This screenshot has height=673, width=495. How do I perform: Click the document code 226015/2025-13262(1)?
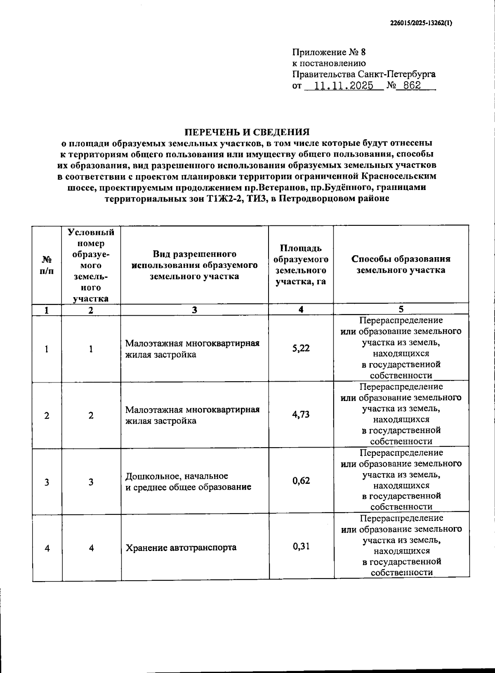click(421, 23)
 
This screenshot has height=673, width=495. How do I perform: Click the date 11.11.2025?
click(344, 86)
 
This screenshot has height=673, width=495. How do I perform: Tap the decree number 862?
click(412, 86)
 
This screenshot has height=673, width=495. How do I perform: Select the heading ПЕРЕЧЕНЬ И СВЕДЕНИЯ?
click(247, 132)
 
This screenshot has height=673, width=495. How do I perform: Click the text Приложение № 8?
click(329, 52)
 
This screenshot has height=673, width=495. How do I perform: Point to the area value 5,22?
click(301, 348)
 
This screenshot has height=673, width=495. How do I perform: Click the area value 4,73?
click(301, 414)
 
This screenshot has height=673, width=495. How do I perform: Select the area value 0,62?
click(301, 481)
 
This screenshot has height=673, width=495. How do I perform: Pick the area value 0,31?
click(301, 546)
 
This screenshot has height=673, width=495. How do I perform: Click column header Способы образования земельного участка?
click(401, 264)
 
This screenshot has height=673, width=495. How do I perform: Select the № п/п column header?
click(47, 264)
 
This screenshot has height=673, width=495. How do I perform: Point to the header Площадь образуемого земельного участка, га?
click(301, 264)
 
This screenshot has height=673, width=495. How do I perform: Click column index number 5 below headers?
click(401, 309)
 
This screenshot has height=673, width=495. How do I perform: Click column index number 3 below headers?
click(194, 310)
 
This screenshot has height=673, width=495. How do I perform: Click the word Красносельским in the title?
click(398, 176)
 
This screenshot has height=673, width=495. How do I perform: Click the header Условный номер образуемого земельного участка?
click(91, 264)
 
